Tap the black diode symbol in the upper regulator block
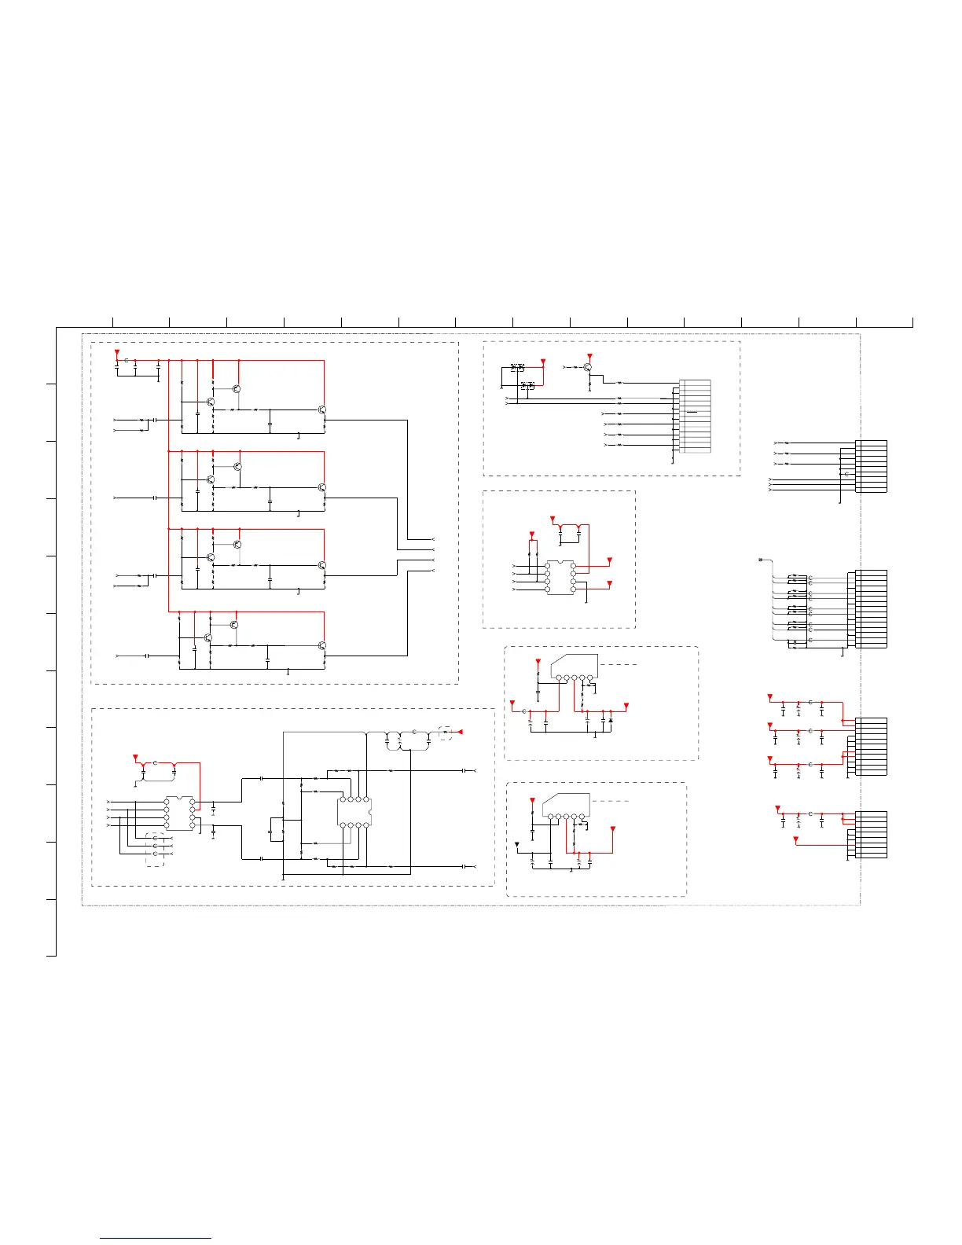tap(611, 719)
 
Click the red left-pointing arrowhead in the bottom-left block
tap(461, 732)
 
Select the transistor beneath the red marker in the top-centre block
tap(588, 367)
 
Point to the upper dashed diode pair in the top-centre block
tap(517, 367)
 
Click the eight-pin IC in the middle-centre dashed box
tap(560, 577)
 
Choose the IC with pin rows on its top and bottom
tap(354, 812)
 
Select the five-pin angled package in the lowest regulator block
tap(565, 805)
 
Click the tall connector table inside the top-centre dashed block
tap(695, 416)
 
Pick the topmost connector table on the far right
tap(873, 466)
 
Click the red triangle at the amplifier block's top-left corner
tap(117, 351)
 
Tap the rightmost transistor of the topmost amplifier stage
tap(321, 410)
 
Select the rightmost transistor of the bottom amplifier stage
tap(321, 645)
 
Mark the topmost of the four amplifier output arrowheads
tap(432, 539)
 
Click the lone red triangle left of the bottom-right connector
tap(795, 840)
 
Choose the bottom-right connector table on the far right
tap(873, 834)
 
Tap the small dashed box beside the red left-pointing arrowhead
tap(446, 732)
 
